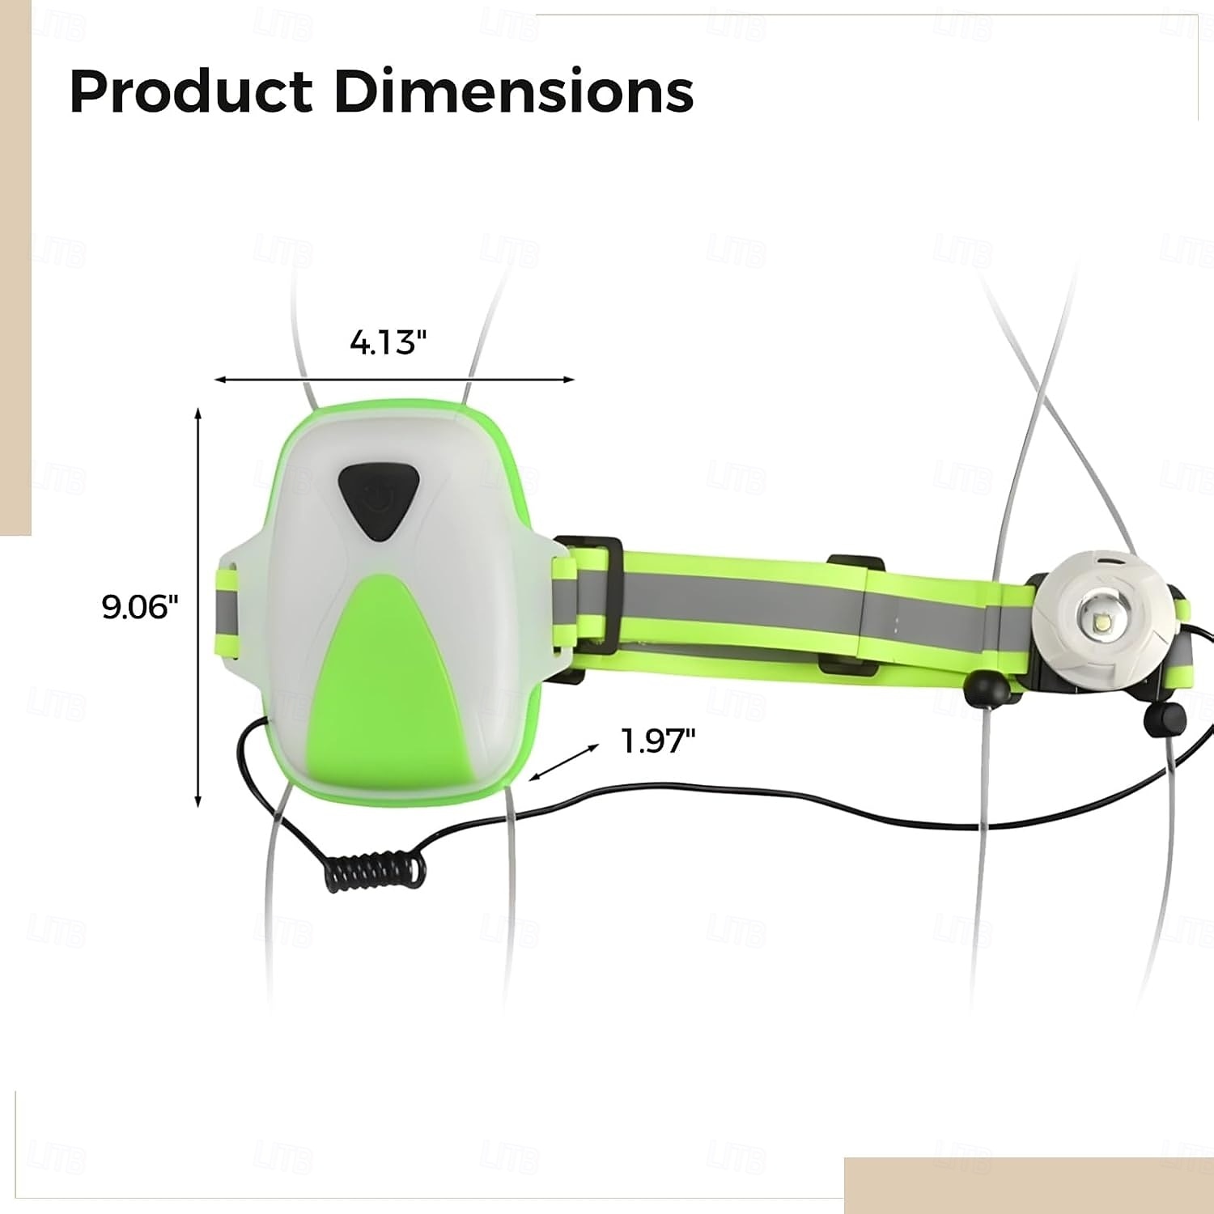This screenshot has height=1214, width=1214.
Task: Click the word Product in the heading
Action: click(191, 91)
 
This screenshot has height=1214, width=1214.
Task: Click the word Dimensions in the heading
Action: click(514, 91)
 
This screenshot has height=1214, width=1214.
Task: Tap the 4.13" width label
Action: click(388, 342)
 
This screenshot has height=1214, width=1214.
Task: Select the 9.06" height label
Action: click(139, 606)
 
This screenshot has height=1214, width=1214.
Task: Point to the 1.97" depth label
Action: click(658, 741)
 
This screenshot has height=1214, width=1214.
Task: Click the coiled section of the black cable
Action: click(377, 869)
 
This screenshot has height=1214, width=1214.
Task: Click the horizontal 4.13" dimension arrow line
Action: click(394, 379)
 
